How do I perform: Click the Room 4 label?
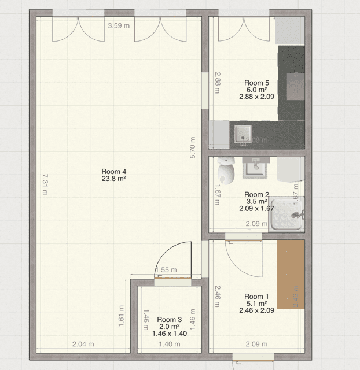[x=113, y=171]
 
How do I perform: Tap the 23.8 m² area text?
[x=113, y=179]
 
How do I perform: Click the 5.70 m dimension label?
[x=193, y=147]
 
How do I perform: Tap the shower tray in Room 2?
[x=288, y=213]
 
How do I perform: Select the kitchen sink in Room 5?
[x=241, y=134]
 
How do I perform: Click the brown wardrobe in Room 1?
[x=291, y=275]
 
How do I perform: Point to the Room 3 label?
[x=169, y=320]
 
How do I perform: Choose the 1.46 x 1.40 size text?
[x=169, y=334]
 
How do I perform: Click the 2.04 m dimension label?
[x=82, y=345]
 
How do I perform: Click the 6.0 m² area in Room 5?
[x=256, y=90]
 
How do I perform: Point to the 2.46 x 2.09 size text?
[x=256, y=310]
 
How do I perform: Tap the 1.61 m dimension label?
[x=121, y=316]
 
